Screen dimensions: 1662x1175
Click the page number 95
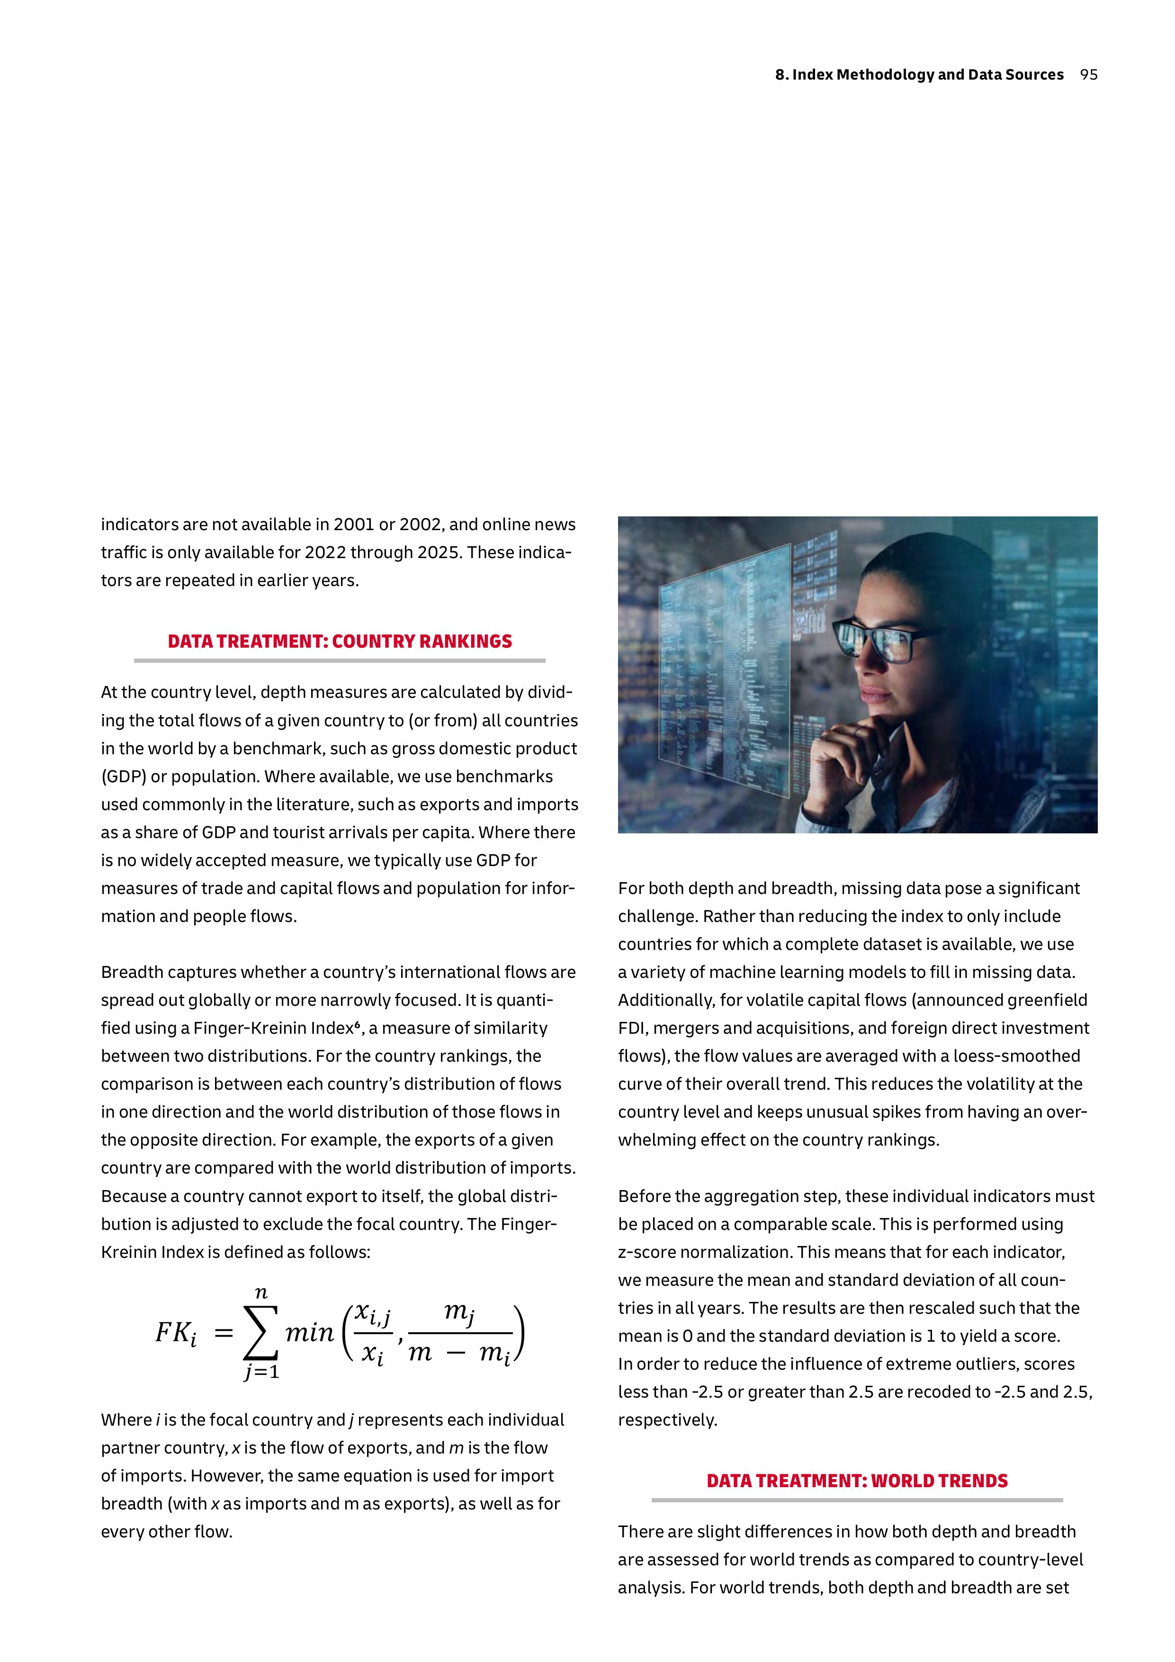pos(1088,74)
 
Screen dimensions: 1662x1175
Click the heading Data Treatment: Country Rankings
pos(339,641)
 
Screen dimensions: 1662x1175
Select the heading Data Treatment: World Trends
pos(857,1481)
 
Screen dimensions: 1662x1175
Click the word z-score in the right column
pos(647,1252)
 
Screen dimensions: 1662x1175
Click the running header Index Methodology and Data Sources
pos(919,74)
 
